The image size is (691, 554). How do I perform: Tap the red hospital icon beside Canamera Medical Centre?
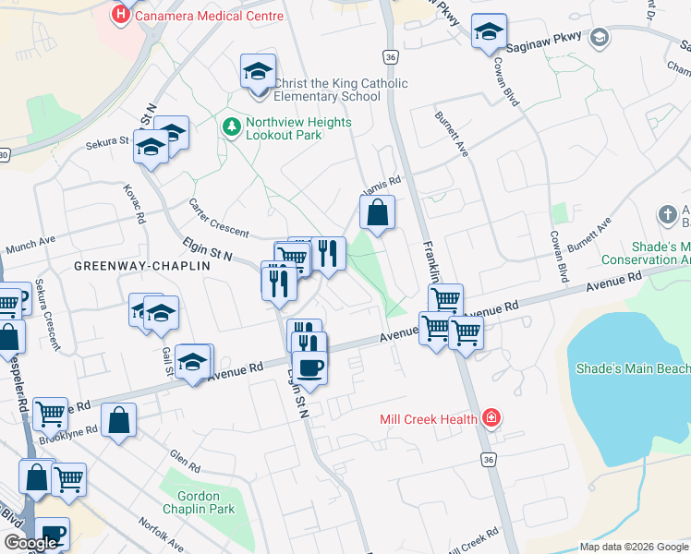tap(120, 15)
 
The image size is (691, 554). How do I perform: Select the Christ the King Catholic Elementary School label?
tap(334, 90)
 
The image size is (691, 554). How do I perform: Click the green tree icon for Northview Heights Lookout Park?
tap(231, 124)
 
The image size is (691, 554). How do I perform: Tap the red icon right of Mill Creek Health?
tap(491, 419)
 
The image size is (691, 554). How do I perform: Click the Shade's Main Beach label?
tap(633, 369)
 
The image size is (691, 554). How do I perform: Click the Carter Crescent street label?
tap(218, 218)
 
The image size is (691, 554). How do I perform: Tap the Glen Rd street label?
tap(183, 458)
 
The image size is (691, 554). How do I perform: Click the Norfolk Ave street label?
tap(144, 534)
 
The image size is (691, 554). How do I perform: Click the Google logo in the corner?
tap(30, 543)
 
